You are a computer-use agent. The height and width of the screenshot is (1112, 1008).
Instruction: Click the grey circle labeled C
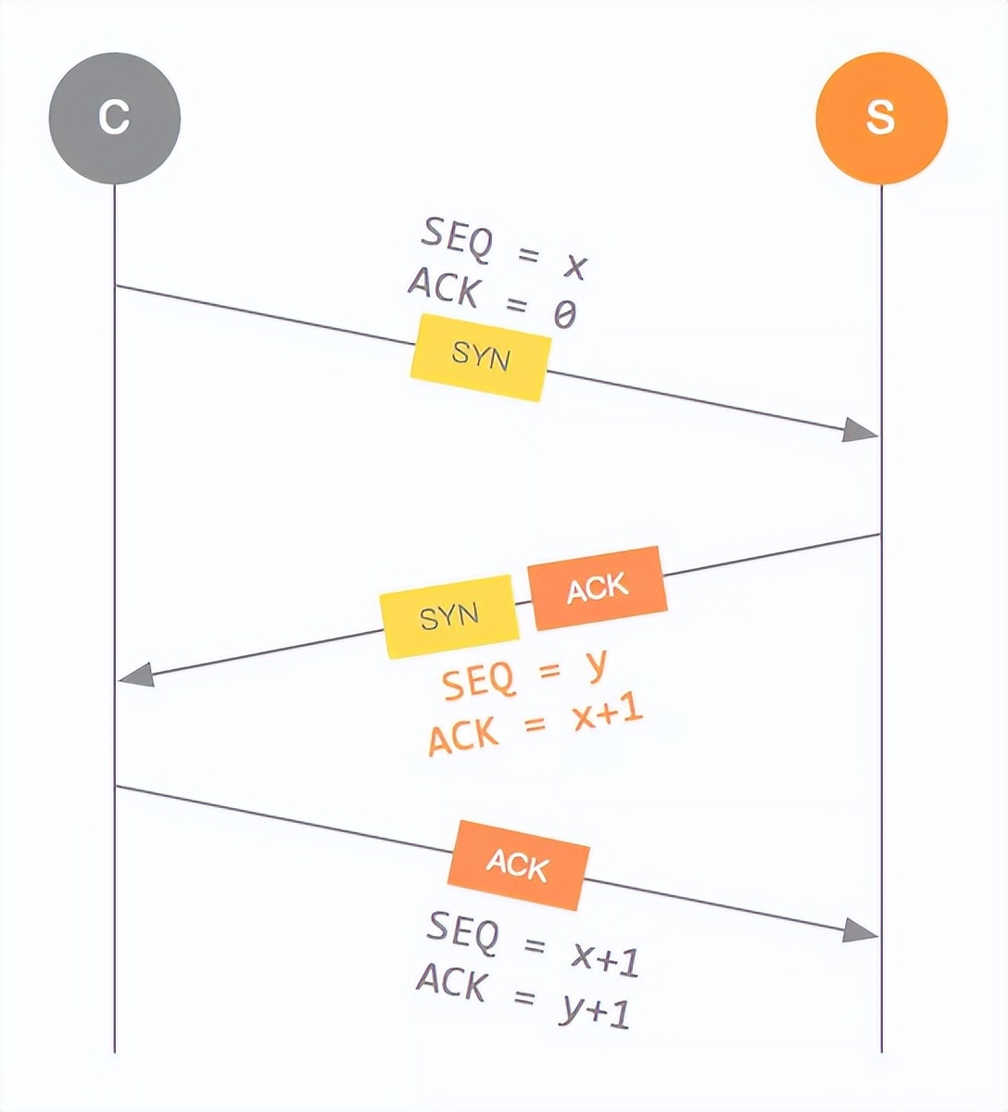(x=114, y=118)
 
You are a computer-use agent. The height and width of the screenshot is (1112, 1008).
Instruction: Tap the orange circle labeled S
(x=880, y=118)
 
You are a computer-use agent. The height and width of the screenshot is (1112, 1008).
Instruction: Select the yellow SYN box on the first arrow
(x=480, y=357)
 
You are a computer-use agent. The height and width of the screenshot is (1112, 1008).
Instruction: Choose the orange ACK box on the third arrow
(x=517, y=865)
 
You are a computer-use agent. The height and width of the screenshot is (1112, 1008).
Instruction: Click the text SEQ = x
(x=504, y=248)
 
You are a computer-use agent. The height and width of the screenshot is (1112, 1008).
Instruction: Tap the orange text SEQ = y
(x=524, y=676)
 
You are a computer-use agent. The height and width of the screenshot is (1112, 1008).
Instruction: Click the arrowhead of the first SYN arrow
(x=862, y=430)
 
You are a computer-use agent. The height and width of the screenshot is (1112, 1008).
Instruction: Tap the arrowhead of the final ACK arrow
(x=862, y=929)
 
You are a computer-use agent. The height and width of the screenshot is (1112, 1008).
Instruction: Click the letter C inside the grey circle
(x=114, y=118)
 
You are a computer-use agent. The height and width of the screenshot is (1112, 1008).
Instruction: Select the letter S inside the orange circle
(x=880, y=118)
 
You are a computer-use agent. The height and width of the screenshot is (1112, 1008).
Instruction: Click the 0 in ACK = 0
(x=564, y=316)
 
